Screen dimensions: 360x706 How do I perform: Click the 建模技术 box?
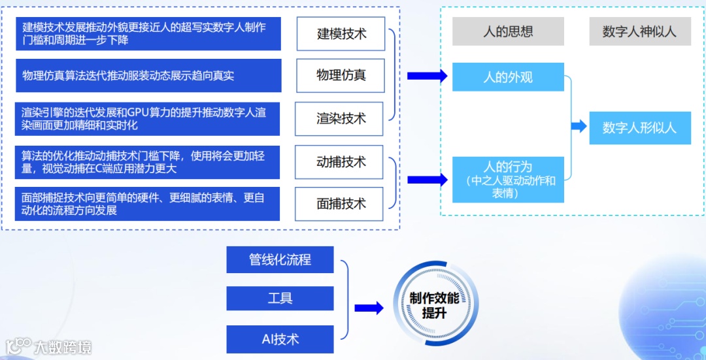[341, 34]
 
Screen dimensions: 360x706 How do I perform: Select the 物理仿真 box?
[341, 75]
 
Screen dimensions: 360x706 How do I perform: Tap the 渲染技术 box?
[341, 118]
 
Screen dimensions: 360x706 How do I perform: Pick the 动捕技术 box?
[341, 162]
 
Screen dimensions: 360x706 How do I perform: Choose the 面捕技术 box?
[341, 204]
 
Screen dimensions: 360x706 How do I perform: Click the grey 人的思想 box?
[508, 31]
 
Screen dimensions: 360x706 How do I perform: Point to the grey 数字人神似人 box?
[639, 31]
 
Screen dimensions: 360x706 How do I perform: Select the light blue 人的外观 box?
[508, 77]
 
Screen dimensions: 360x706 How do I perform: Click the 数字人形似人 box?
[639, 127]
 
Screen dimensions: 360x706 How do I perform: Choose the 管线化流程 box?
[280, 259]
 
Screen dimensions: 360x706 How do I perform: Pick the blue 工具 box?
[280, 299]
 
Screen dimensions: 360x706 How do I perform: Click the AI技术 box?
[280, 339]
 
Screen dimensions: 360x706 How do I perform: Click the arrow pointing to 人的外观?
[427, 76]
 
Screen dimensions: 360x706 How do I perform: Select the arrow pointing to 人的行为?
[427, 180]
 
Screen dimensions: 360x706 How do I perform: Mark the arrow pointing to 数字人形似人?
[579, 127]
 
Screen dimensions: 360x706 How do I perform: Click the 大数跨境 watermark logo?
[49, 346]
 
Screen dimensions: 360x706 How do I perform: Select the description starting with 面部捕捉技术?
[148, 204]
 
